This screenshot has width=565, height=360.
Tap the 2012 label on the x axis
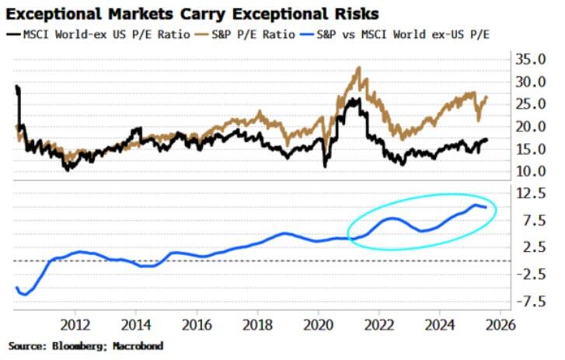(76, 323)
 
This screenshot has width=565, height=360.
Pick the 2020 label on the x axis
(319, 323)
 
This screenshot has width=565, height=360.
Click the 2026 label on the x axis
(500, 323)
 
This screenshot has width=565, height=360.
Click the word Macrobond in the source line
(138, 344)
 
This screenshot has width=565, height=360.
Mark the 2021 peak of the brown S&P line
(358, 68)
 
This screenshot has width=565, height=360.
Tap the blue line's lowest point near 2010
(25, 295)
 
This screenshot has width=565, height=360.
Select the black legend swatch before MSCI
(15, 35)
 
